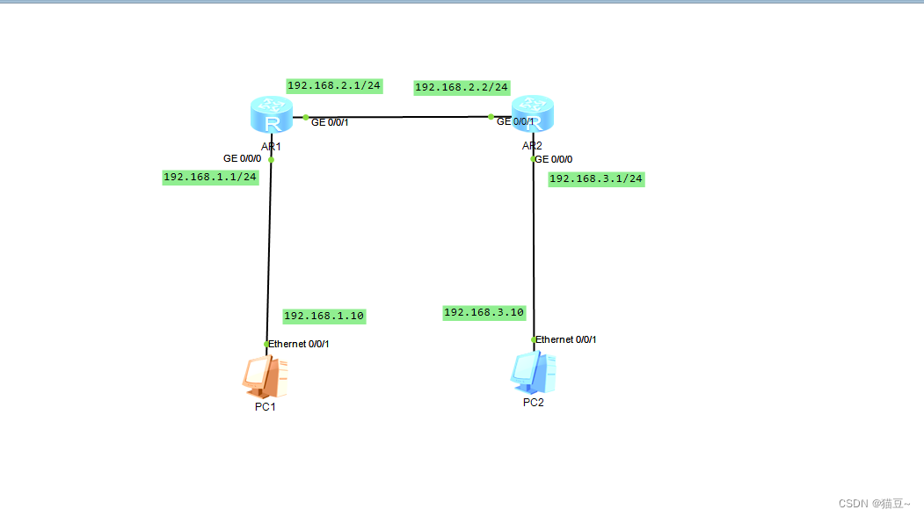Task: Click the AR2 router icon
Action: pyautogui.click(x=533, y=115)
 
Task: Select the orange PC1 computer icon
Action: pyautogui.click(x=266, y=375)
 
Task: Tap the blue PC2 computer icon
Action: pyautogui.click(x=533, y=372)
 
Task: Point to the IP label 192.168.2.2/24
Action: pyautogui.click(x=462, y=87)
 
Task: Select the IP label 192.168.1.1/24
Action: pyautogui.click(x=210, y=177)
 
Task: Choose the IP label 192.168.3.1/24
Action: pyautogui.click(x=596, y=178)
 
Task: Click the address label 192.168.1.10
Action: pyautogui.click(x=324, y=316)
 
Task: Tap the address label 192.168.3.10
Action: pyautogui.click(x=484, y=312)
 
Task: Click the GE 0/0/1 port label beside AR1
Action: pyautogui.click(x=330, y=122)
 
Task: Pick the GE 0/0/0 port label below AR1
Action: pyautogui.click(x=242, y=159)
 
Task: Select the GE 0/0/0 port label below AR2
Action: pyautogui.click(x=555, y=159)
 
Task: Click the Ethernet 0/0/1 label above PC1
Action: pyautogui.click(x=298, y=344)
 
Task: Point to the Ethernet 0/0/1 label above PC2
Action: pyautogui.click(x=565, y=339)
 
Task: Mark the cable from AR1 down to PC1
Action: pyautogui.click(x=269, y=255)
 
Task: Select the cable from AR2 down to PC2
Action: pyautogui.click(x=533, y=255)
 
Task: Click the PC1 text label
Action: pyautogui.click(x=266, y=406)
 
